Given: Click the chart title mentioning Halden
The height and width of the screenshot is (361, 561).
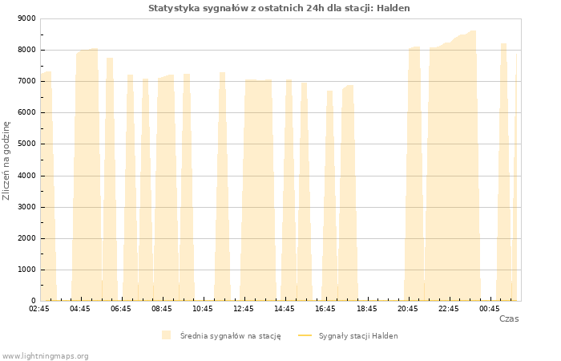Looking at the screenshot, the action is [279, 8].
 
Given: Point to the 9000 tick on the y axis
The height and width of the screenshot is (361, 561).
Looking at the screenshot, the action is [26, 18].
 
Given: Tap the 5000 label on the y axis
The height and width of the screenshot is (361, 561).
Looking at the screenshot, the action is [26, 144].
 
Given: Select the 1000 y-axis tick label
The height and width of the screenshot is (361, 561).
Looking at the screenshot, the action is [26, 270].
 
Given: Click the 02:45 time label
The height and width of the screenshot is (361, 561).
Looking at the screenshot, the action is [39, 309].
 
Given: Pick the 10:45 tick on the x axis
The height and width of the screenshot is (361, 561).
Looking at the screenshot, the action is [203, 309].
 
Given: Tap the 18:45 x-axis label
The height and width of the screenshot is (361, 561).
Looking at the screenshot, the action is [367, 309].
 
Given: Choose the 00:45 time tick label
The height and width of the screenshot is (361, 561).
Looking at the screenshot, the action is [490, 309].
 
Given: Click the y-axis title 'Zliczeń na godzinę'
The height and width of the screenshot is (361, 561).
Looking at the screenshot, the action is [6, 160].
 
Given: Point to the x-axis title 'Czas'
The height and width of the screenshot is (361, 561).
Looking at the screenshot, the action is [509, 318].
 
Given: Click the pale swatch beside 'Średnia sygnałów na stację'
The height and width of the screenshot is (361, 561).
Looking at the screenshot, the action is [166, 335].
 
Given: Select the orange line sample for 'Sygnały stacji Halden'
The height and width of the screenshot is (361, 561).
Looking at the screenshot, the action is [305, 335].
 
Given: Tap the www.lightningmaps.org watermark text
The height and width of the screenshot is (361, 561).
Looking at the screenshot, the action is [45, 356].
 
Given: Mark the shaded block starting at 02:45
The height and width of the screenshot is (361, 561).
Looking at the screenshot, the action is [48, 186].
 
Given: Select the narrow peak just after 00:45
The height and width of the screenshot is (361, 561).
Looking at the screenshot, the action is [504, 172].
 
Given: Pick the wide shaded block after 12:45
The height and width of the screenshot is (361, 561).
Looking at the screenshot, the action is [258, 190].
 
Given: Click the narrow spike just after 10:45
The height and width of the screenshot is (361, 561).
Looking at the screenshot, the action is [222, 186].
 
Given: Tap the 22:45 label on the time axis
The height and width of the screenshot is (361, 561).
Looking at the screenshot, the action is [448, 309].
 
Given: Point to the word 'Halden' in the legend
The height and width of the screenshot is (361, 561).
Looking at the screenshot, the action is [385, 336].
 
